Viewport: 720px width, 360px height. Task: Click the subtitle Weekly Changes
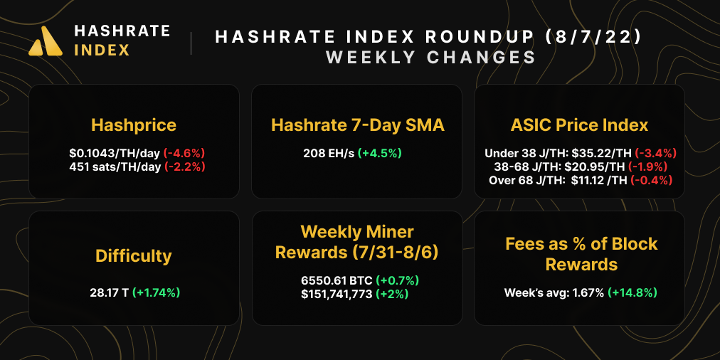(x=430, y=57)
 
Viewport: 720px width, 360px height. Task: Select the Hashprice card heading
(x=134, y=125)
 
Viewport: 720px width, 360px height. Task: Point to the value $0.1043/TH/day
(x=115, y=153)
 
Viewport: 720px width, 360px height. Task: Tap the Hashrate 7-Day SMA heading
(x=357, y=125)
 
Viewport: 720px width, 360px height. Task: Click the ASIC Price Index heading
(x=579, y=125)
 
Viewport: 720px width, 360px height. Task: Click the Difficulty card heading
(x=134, y=255)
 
